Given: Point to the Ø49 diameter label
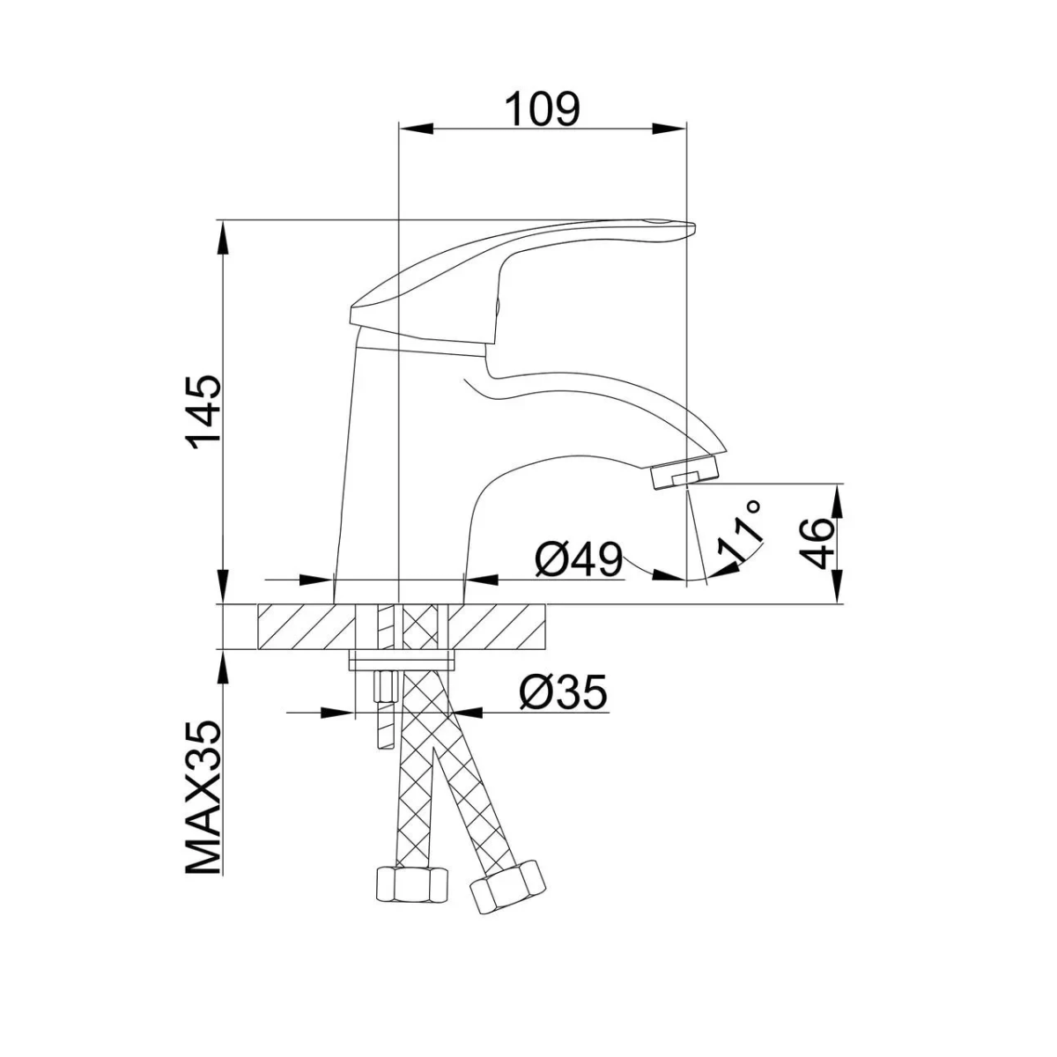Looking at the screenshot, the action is tap(579, 561).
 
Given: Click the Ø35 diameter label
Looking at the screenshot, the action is tap(564, 693).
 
